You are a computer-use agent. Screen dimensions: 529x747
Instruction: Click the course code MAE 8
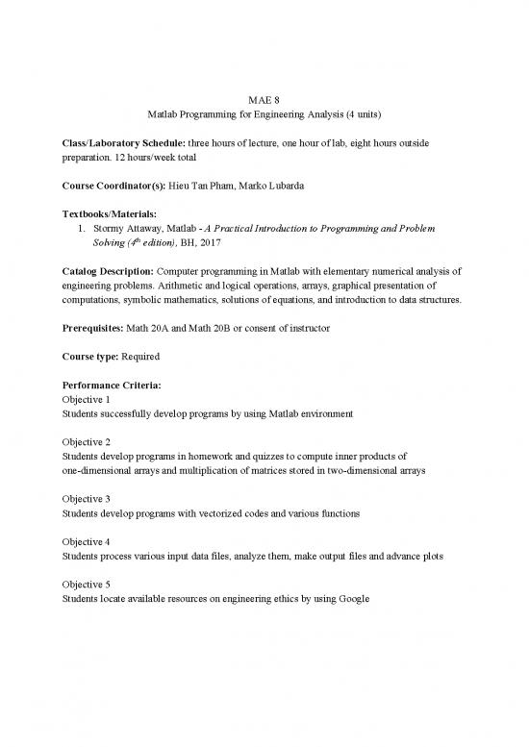[264, 96]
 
